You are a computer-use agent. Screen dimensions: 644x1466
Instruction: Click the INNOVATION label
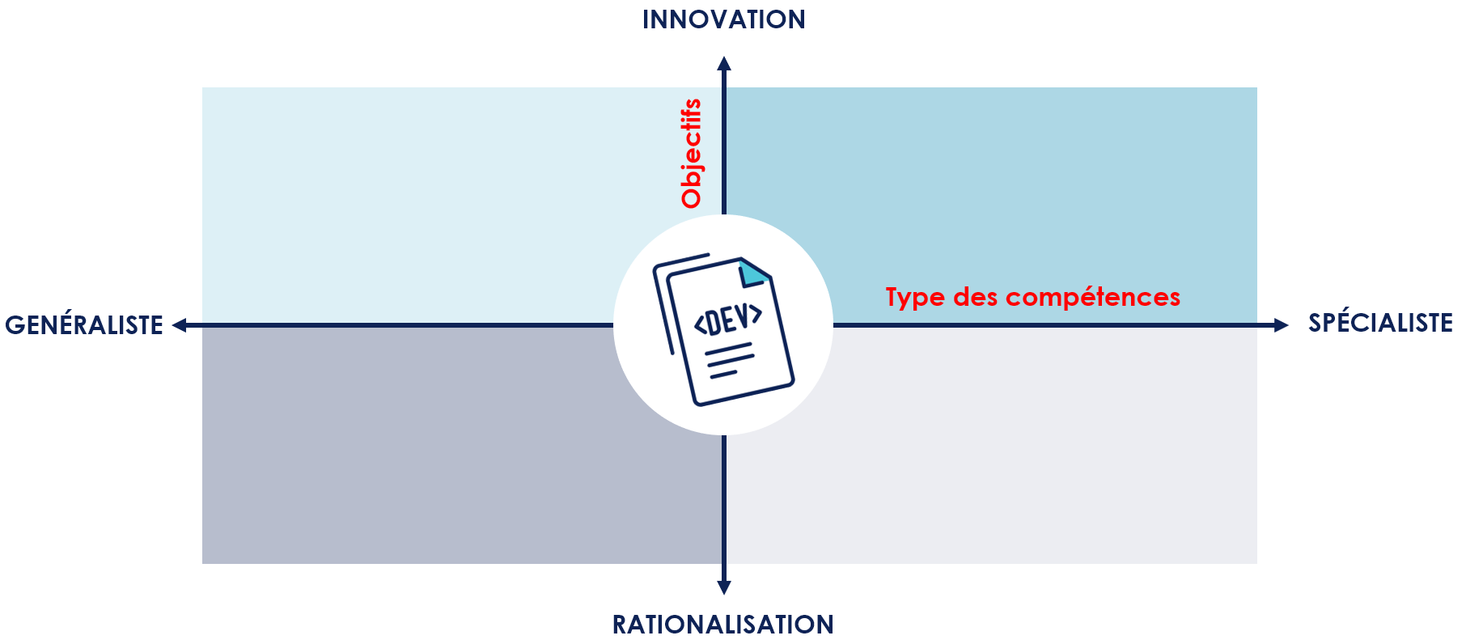[723, 19]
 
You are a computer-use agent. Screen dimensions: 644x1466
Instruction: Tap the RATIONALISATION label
[722, 625]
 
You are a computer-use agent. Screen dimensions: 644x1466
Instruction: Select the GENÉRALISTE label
[84, 325]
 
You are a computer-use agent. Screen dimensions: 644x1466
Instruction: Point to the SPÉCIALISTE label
[1380, 323]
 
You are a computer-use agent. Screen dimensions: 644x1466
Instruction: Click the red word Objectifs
[692, 154]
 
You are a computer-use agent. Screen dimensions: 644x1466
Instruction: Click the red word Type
[915, 298]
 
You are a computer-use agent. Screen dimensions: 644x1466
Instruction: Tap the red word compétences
[1093, 298]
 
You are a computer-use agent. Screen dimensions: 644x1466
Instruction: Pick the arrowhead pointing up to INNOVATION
[724, 64]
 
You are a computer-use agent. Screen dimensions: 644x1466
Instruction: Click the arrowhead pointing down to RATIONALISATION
[724, 587]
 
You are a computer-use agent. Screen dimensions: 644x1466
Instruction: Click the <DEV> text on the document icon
[728, 320]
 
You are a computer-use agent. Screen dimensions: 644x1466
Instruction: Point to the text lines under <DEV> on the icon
[729, 361]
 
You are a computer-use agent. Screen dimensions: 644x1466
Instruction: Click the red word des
[976, 298]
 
